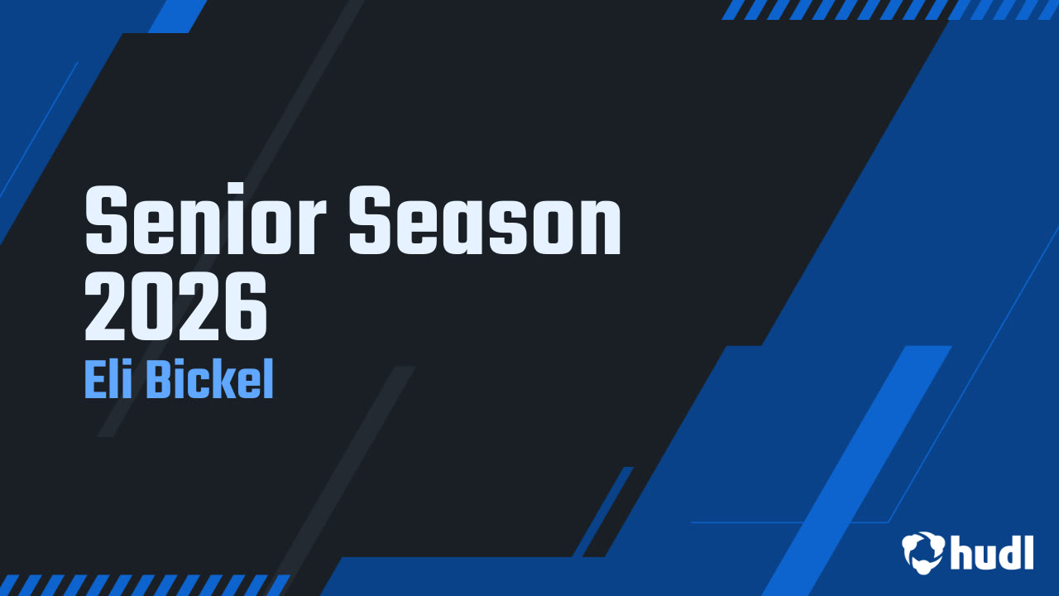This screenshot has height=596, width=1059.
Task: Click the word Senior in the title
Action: click(x=207, y=221)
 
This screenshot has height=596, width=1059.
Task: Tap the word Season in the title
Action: click(x=485, y=221)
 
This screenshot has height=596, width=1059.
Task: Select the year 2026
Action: click(x=176, y=310)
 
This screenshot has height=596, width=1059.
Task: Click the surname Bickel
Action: click(x=210, y=381)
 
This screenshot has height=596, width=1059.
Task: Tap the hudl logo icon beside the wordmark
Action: click(x=923, y=551)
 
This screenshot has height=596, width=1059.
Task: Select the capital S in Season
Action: click(x=373, y=221)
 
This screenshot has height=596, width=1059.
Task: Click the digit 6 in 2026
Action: click(x=245, y=310)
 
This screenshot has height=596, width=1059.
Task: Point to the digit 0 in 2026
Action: click(x=153, y=310)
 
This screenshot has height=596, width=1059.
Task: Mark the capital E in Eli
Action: click(x=94, y=381)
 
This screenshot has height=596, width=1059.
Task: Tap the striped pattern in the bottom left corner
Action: click(x=141, y=584)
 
